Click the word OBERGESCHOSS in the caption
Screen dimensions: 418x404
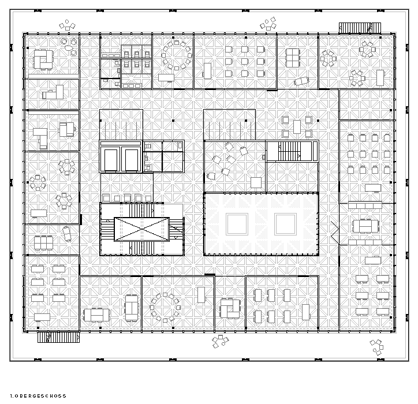40,396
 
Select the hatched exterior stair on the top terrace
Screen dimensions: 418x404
360,28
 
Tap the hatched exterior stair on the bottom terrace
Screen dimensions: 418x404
58,337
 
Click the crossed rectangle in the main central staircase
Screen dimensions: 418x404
142,229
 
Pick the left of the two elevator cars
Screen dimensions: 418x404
111,159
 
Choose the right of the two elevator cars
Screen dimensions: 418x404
132,159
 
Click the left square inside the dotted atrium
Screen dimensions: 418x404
237,224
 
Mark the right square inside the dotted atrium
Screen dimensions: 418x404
285,224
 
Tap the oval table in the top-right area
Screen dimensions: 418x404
301,81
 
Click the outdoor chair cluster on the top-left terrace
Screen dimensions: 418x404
67,25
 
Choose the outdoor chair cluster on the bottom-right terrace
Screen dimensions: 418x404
376,347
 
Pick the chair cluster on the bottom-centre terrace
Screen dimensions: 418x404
220,341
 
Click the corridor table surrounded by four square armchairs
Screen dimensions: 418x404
297,127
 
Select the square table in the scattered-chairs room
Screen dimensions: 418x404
256,183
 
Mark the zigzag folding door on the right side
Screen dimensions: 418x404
335,230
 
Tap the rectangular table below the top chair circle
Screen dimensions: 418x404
166,78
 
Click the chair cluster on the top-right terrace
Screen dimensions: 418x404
268,24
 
